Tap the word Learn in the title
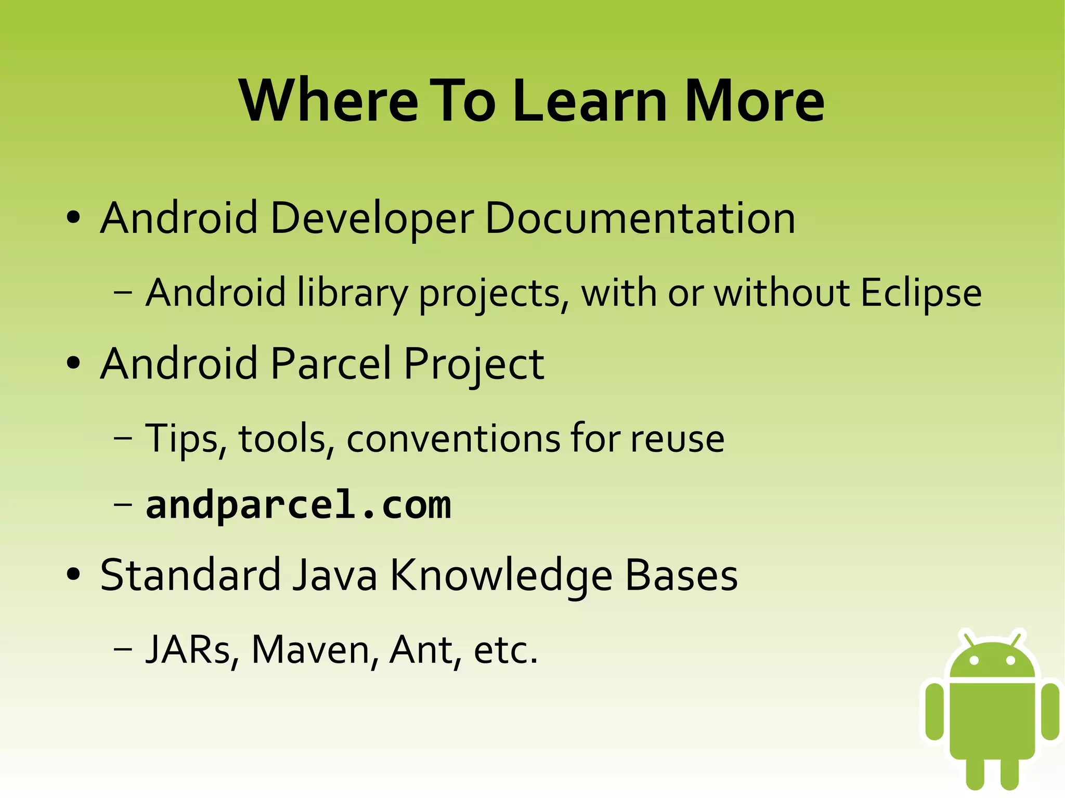click(590, 101)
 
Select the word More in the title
click(754, 101)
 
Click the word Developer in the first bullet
click(372, 218)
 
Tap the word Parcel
click(331, 363)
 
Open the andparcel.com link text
click(298, 506)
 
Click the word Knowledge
click(501, 577)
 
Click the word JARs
click(191, 650)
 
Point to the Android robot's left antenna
click(968, 639)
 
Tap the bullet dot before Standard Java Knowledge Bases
click(73, 574)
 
